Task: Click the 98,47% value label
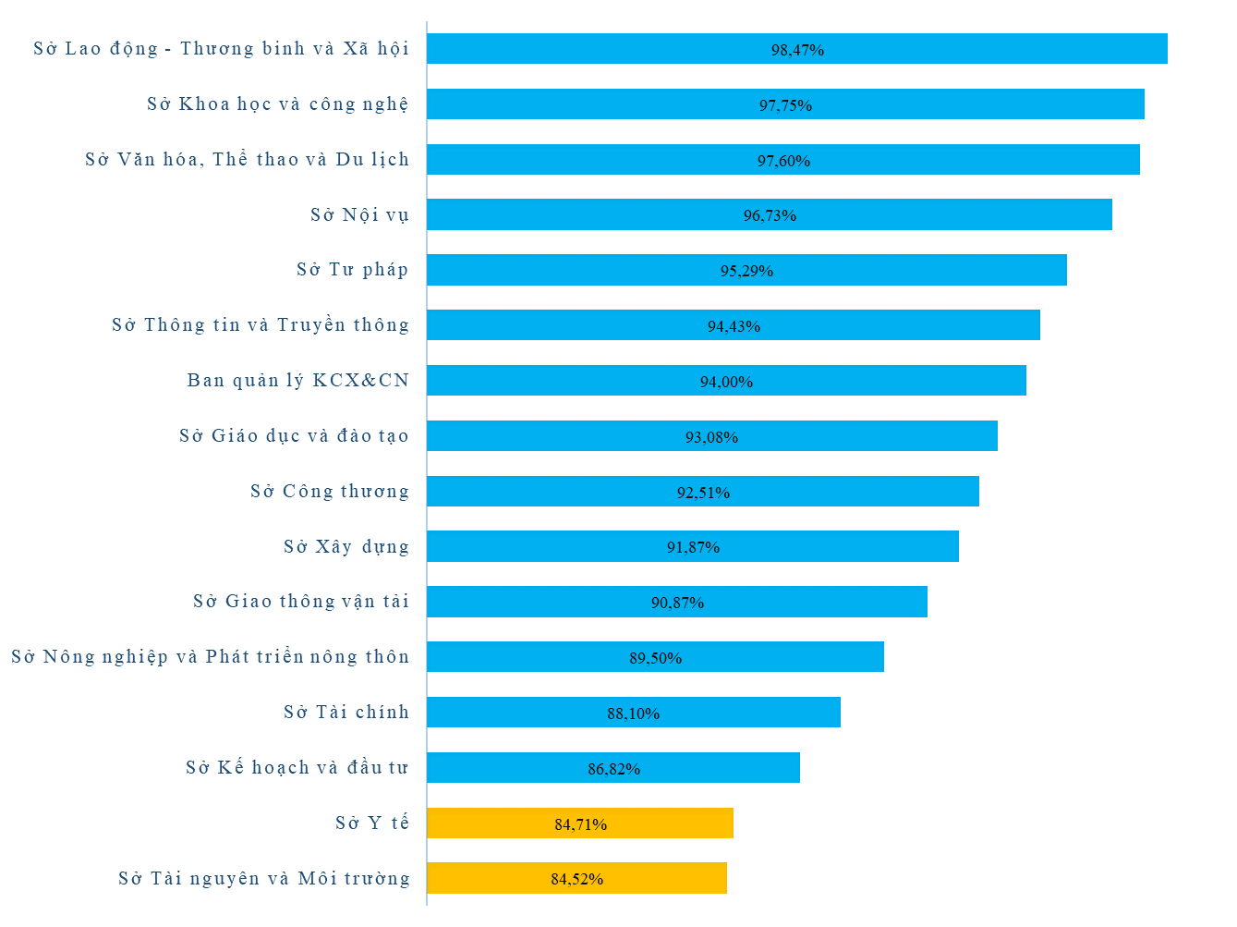point(797,50)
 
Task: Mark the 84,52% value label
point(577,879)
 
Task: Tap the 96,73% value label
point(770,215)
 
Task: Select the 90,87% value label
point(677,603)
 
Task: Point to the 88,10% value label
point(633,714)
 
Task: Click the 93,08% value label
point(711,437)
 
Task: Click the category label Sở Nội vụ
point(359,215)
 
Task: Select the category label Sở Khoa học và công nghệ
point(277,104)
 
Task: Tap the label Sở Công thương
point(329,492)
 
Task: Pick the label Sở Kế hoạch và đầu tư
point(297,768)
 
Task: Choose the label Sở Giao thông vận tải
point(300,602)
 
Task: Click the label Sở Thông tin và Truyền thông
point(260,325)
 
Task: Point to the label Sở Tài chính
point(346,713)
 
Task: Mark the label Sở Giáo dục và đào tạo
point(294,436)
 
